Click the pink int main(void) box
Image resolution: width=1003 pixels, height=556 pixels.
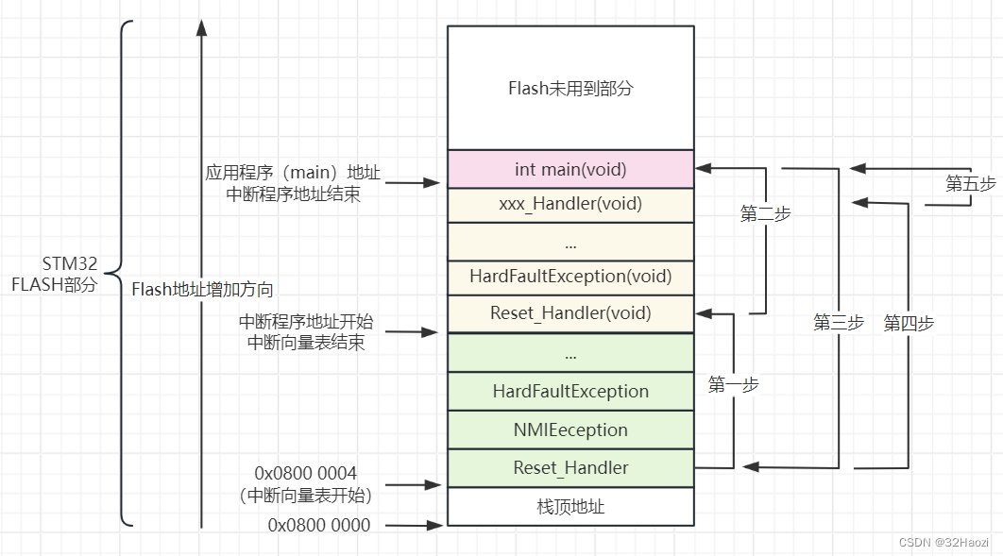[x=570, y=169]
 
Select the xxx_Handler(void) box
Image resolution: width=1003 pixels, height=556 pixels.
[x=570, y=204]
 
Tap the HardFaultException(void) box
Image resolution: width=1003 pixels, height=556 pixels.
[x=570, y=277]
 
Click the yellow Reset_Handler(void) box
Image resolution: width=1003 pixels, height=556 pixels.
[x=570, y=312]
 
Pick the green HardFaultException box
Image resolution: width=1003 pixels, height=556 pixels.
[x=570, y=391]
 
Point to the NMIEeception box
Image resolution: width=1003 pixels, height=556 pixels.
[x=570, y=430]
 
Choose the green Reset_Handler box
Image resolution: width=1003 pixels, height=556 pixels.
[x=570, y=467]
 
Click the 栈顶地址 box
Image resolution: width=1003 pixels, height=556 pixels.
[x=570, y=507]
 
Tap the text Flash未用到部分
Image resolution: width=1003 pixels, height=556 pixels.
[x=570, y=89]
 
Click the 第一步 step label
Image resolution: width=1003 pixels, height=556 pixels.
[x=733, y=384]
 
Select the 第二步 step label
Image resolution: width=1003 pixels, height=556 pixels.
[x=765, y=214]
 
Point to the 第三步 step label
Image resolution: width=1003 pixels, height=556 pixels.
[x=839, y=323]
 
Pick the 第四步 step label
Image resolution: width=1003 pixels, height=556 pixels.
[x=909, y=323]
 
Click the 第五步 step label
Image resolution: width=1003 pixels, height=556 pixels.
[x=970, y=184]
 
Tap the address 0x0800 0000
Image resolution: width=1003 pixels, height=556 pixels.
[x=319, y=525]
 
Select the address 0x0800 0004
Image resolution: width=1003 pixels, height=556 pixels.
[x=306, y=472]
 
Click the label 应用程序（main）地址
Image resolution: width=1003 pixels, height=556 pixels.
[x=293, y=173]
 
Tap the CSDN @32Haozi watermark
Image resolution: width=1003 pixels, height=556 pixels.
[x=944, y=542]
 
